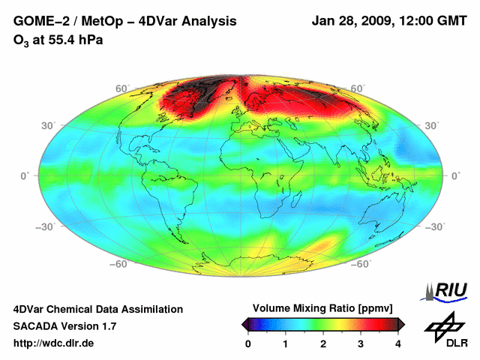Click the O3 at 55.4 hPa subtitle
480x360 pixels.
tap(58, 40)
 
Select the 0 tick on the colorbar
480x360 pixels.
tap(248, 343)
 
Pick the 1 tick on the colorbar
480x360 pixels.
tap(286, 343)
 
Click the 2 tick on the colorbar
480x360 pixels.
tap(323, 343)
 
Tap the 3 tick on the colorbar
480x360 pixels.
tap(361, 343)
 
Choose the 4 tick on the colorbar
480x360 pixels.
tap(398, 343)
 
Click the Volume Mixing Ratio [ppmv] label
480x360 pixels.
tap(323, 309)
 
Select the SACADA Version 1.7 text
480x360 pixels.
tap(64, 326)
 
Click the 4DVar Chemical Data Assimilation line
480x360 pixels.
tap(97, 309)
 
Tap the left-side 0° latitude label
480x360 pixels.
tap(24, 175)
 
